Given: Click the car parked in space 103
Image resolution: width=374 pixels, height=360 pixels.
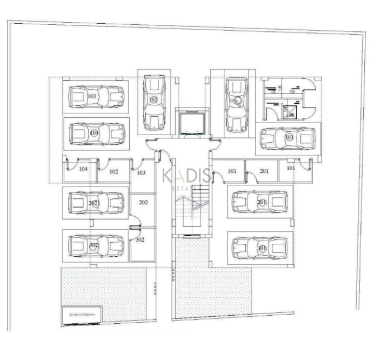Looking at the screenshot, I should tap(96, 97).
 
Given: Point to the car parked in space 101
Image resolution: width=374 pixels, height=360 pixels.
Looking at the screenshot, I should tap(287, 138).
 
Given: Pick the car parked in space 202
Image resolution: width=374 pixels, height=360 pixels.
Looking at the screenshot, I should tap(96, 203).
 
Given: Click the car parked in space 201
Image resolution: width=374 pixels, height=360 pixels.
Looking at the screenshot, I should tap(259, 202).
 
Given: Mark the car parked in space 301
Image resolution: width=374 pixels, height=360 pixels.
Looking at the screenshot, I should tap(259, 248).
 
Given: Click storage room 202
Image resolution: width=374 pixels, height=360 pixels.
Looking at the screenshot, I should tap(143, 203).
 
